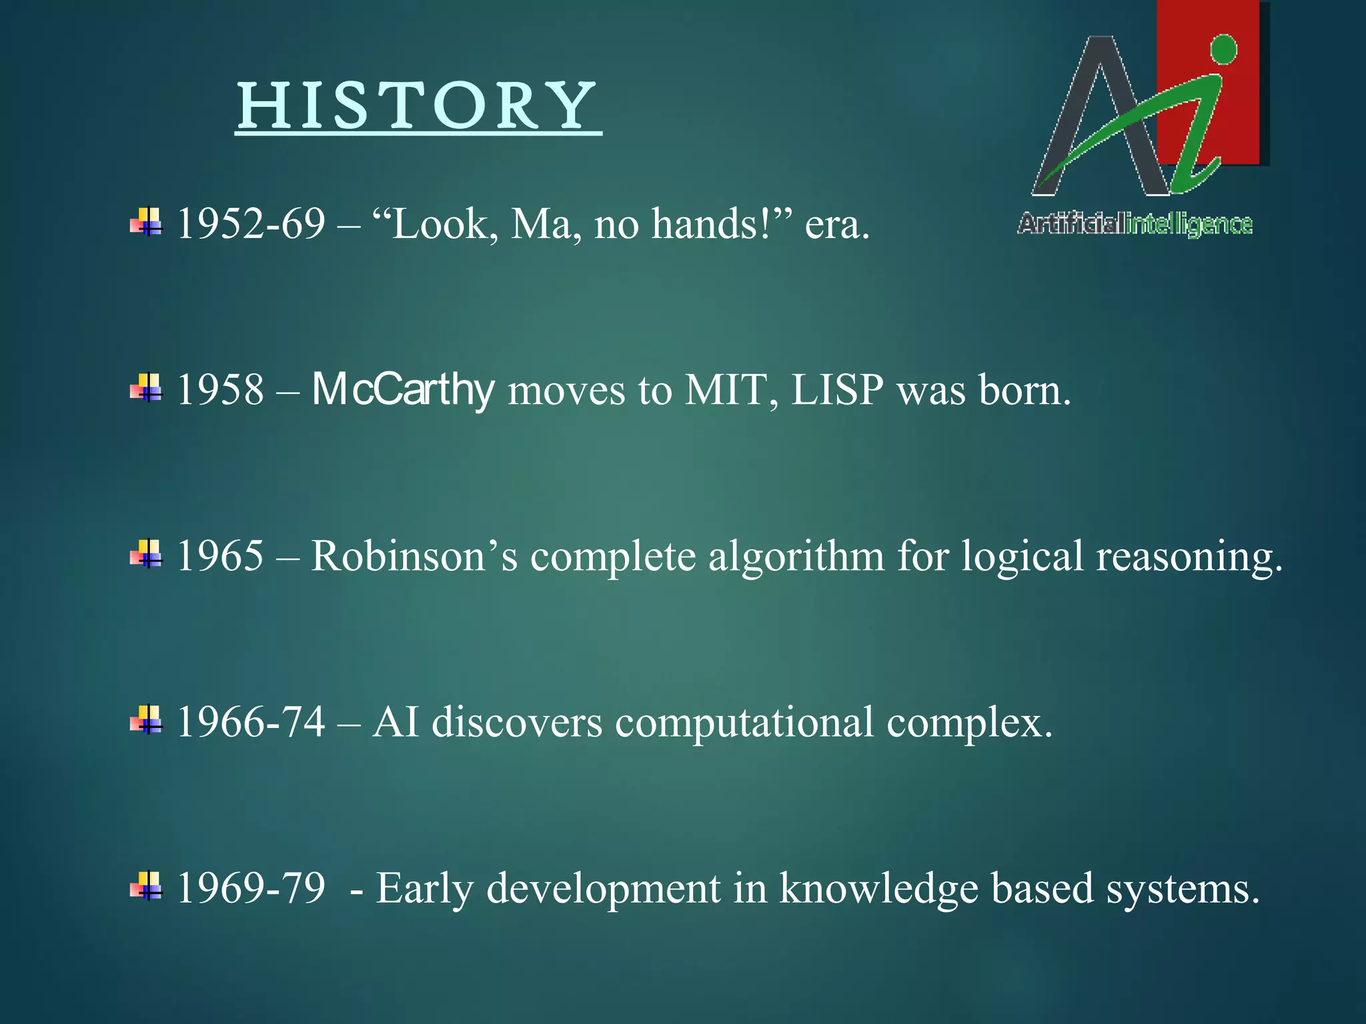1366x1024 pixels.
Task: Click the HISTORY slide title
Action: tap(418, 107)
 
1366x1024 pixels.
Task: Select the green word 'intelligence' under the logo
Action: tap(1189, 225)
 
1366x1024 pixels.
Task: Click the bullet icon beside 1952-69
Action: tap(146, 222)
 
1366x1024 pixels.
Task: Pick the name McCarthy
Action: tap(403, 390)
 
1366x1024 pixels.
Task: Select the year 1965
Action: tap(220, 556)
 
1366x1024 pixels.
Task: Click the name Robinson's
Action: tap(414, 556)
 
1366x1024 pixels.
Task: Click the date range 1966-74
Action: tap(251, 722)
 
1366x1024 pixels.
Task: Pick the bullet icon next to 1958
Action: tap(146, 388)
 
